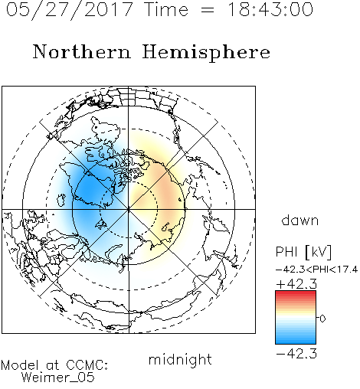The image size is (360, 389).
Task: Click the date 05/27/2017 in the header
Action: [x=70, y=10]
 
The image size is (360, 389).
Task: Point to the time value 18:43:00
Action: [x=270, y=9]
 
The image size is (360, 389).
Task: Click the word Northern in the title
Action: [x=82, y=51]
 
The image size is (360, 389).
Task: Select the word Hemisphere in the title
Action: [x=206, y=53]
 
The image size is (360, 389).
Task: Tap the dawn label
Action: [x=300, y=220]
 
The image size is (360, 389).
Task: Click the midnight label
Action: [x=180, y=359]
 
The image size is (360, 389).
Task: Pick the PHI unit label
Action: [x=304, y=252]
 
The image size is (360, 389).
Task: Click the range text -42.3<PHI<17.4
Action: [x=316, y=270]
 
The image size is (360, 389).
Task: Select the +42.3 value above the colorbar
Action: [x=296, y=283]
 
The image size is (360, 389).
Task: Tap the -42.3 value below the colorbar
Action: [x=296, y=354]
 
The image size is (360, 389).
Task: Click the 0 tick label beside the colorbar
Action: [x=322, y=319]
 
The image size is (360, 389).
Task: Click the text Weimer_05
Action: [x=58, y=378]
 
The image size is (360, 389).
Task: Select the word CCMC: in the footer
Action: [x=87, y=365]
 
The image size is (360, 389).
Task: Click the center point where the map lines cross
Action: [x=129, y=209]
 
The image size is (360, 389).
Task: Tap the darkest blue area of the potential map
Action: [x=88, y=191]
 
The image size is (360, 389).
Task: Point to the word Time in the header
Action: [x=166, y=9]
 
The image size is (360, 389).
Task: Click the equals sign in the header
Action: [x=207, y=10]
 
